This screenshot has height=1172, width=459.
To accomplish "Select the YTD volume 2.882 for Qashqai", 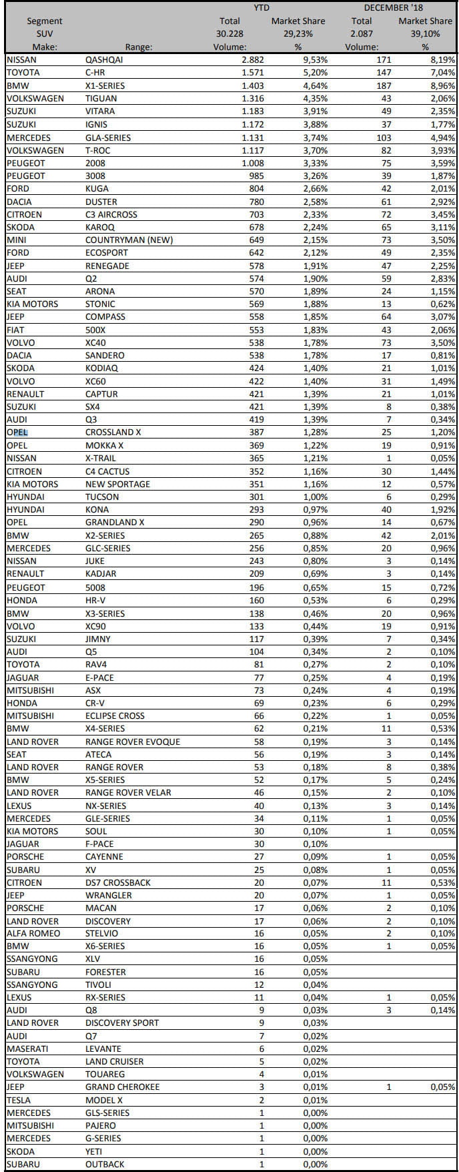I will tap(252, 59).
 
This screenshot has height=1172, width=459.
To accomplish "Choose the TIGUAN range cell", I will tap(101, 98).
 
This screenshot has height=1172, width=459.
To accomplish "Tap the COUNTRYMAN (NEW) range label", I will tap(129, 240).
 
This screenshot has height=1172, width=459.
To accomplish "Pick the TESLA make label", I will tap(19, 1100).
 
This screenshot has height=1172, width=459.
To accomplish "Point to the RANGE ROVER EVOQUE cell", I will tap(132, 742).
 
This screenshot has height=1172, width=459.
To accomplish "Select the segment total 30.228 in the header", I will tap(229, 34).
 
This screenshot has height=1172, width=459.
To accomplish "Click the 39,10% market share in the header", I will tap(425, 34).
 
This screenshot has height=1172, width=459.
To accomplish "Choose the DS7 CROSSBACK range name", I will tap(118, 882).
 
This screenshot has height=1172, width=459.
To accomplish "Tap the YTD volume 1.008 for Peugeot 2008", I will tap(252, 162).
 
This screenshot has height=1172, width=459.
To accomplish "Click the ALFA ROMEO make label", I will tap(33, 933).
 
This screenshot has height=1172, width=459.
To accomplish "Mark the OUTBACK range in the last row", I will tap(105, 1164).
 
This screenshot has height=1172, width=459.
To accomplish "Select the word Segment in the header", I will tap(45, 21).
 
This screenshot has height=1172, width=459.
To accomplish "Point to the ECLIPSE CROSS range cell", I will tap(115, 715).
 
